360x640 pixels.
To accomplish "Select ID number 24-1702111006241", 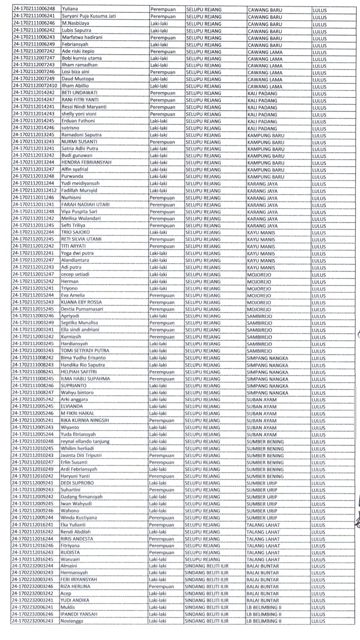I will (34, 16).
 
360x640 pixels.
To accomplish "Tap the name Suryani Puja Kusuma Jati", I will (89, 16).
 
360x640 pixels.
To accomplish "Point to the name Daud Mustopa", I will (78, 79).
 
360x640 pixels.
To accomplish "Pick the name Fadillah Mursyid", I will (79, 190).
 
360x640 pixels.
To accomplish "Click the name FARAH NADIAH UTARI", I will (85, 204).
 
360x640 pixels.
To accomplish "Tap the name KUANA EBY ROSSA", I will (81, 302).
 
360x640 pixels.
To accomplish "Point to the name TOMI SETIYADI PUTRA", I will (85, 351).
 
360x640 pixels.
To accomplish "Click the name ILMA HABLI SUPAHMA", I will (85, 379).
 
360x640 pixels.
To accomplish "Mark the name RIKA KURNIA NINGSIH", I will (85, 420).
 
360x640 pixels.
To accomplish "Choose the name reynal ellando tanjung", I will (85, 441).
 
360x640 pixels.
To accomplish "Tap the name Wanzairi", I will (70, 559).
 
